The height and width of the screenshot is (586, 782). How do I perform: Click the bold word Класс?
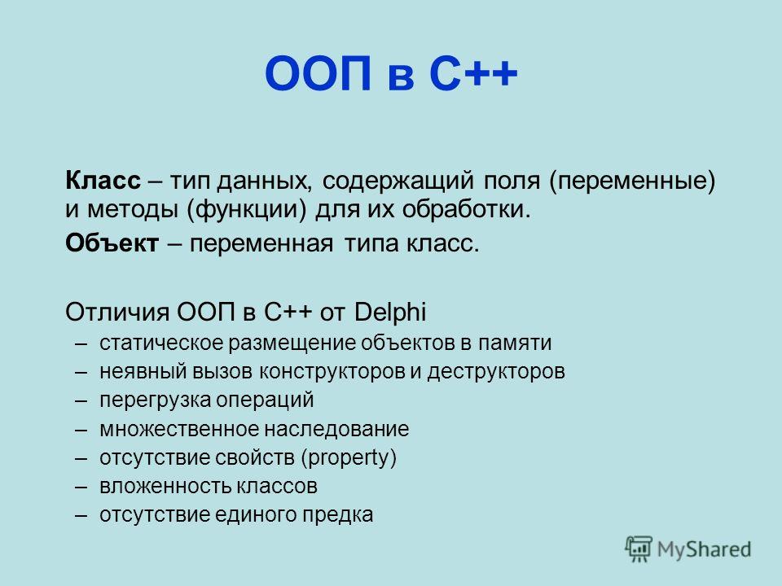click(103, 181)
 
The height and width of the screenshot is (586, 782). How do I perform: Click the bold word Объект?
click(112, 243)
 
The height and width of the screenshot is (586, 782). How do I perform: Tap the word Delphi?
click(390, 313)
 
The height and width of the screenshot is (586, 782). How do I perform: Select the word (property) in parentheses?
click(349, 458)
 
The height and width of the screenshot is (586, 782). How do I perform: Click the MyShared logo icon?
click(639, 549)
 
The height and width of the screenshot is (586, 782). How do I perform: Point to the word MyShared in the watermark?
click(704, 549)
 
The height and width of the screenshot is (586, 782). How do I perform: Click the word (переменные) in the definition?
click(632, 181)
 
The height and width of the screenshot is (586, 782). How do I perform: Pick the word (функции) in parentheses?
click(246, 210)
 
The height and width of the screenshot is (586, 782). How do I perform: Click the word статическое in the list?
click(160, 343)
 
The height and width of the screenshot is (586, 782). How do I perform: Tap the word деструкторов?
click(496, 372)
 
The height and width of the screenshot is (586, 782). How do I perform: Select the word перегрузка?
click(154, 400)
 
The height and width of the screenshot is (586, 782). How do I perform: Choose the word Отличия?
click(117, 313)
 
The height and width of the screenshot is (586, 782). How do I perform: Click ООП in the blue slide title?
click(319, 74)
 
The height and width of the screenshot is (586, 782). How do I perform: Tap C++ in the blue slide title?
click(472, 74)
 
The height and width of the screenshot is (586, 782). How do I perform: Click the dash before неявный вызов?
click(81, 372)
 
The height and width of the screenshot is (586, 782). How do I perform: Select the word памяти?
click(515, 343)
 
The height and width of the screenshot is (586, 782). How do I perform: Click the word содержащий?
click(398, 181)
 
